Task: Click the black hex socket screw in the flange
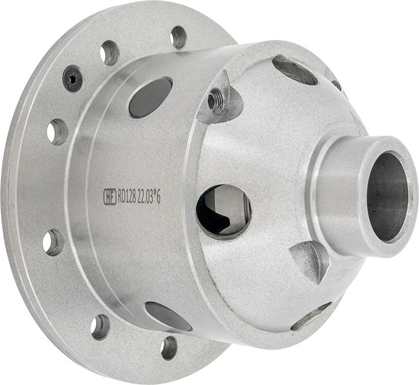(72, 79)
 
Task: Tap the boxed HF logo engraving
(110, 197)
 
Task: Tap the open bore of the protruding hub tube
(386, 197)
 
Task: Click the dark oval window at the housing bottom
(168, 316)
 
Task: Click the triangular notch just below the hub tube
(311, 259)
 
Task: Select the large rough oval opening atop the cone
(294, 71)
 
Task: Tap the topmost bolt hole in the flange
(179, 37)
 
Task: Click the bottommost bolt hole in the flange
(169, 347)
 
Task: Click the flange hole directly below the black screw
(57, 132)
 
